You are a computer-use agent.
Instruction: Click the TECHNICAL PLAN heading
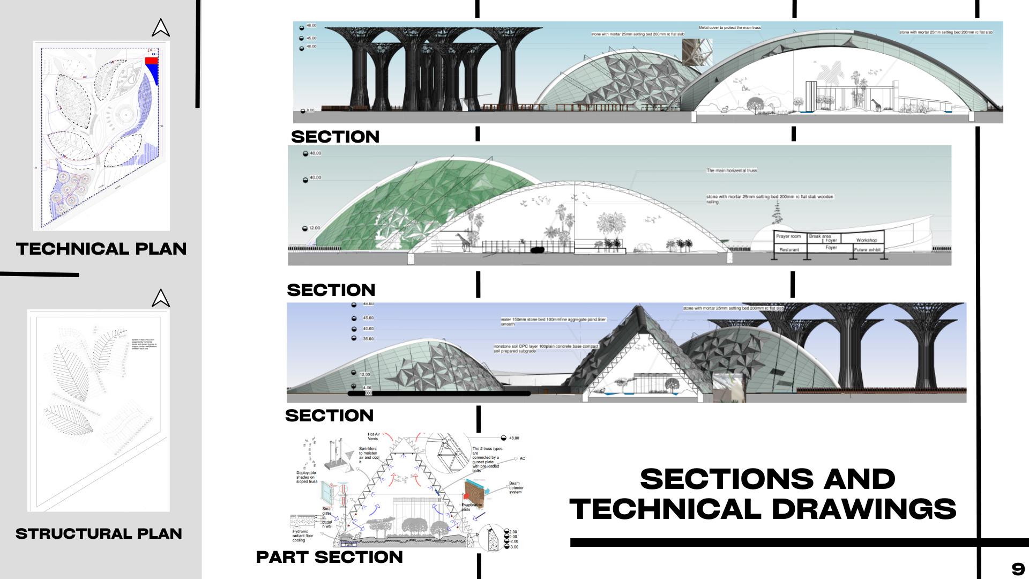pyautogui.click(x=101, y=249)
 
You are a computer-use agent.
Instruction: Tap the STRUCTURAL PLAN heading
pyautogui.click(x=99, y=533)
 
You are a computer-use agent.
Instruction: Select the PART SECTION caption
pyautogui.click(x=329, y=557)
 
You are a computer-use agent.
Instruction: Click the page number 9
pyautogui.click(x=1018, y=569)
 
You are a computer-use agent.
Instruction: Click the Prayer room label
pyautogui.click(x=788, y=236)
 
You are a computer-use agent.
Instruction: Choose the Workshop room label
pyautogui.click(x=867, y=240)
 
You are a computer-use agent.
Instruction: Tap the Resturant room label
pyautogui.click(x=789, y=250)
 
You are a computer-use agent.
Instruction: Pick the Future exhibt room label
pyautogui.click(x=867, y=250)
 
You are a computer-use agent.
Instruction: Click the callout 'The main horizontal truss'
pyautogui.click(x=732, y=170)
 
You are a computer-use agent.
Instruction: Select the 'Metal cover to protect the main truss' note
pyautogui.click(x=729, y=27)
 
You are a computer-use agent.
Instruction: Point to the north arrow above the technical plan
pyautogui.click(x=160, y=28)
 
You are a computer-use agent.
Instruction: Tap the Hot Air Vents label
pyautogui.click(x=373, y=436)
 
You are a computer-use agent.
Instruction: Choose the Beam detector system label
pyautogui.click(x=516, y=487)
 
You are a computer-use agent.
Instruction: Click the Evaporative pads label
pyautogui.click(x=472, y=507)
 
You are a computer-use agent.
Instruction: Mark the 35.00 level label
pyautogui.click(x=368, y=339)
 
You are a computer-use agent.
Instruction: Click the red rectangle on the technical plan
pyautogui.click(x=152, y=61)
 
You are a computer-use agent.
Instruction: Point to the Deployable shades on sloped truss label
pyautogui.click(x=307, y=477)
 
